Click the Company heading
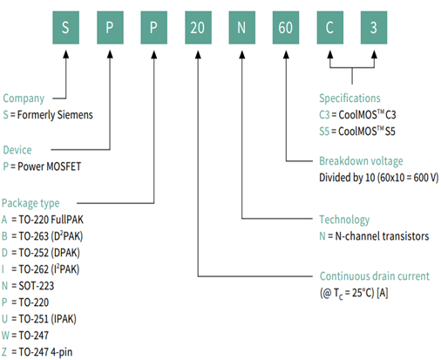pos(24,98)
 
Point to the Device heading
pos(17,151)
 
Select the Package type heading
pos(31,202)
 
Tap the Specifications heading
pos(350,98)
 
